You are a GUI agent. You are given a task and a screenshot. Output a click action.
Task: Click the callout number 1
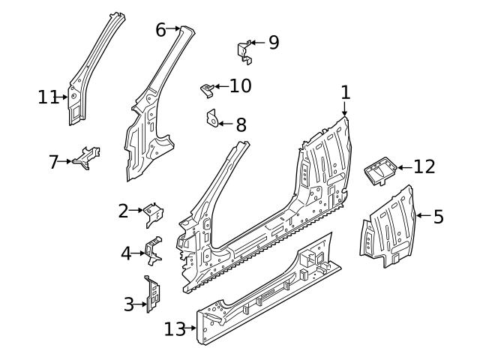point(345,92)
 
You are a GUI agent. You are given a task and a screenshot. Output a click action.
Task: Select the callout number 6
point(160,30)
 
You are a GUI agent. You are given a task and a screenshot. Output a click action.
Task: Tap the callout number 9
point(273,42)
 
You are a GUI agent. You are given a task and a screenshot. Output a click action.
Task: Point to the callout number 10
point(240,86)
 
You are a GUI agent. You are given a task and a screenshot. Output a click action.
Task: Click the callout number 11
point(47,97)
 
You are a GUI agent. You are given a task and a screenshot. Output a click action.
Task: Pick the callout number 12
point(424,166)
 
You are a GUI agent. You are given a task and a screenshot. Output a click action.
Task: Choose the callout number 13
point(174,328)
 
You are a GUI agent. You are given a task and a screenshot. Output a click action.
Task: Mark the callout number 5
point(439,217)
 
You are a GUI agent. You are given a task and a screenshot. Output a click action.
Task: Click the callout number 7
point(53,161)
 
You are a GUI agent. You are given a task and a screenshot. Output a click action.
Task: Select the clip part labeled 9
point(245,51)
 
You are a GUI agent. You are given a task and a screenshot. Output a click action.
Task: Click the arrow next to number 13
point(191,328)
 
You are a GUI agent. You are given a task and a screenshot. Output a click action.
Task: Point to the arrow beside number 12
point(403,167)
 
